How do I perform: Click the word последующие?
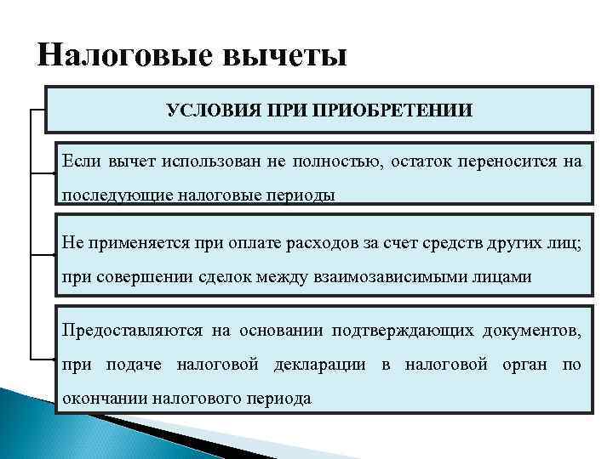[x=116, y=195]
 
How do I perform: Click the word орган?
[x=528, y=365]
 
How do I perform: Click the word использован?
[x=195, y=162]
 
